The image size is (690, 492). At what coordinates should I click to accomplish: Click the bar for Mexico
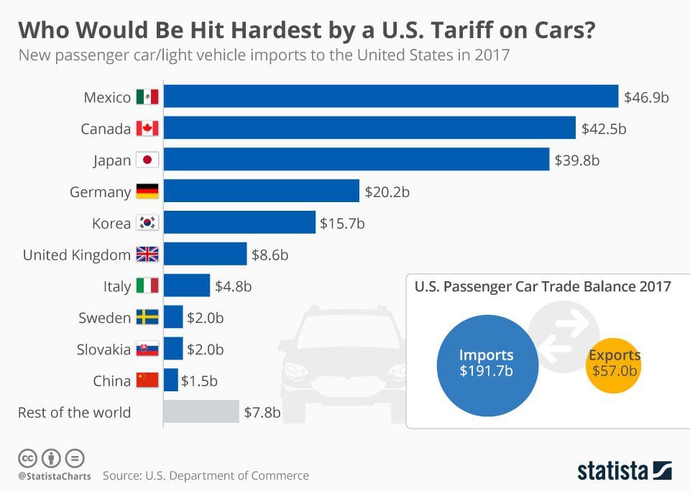tap(391, 96)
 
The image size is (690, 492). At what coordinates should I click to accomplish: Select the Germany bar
tap(262, 191)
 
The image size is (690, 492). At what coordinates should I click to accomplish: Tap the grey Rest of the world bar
tap(201, 412)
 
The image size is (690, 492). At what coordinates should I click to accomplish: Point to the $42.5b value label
tap(604, 129)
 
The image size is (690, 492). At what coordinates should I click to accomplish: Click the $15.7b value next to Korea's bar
tap(342, 223)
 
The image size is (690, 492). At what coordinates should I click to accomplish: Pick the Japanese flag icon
tap(147, 160)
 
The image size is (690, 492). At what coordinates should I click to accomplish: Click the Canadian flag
tap(147, 129)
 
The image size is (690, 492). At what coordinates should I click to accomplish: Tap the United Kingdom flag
tap(147, 254)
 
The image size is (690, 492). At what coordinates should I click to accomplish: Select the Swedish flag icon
tap(147, 317)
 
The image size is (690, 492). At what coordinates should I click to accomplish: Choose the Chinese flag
tap(147, 381)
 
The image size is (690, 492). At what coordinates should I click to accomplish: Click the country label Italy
tap(117, 286)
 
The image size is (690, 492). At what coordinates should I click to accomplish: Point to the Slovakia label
tap(103, 350)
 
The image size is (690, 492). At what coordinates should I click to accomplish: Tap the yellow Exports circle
tap(615, 363)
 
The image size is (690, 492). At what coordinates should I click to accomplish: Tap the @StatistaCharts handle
tap(54, 475)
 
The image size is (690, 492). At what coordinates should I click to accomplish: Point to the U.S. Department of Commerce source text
tap(226, 475)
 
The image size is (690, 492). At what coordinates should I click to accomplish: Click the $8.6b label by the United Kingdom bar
tap(270, 254)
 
